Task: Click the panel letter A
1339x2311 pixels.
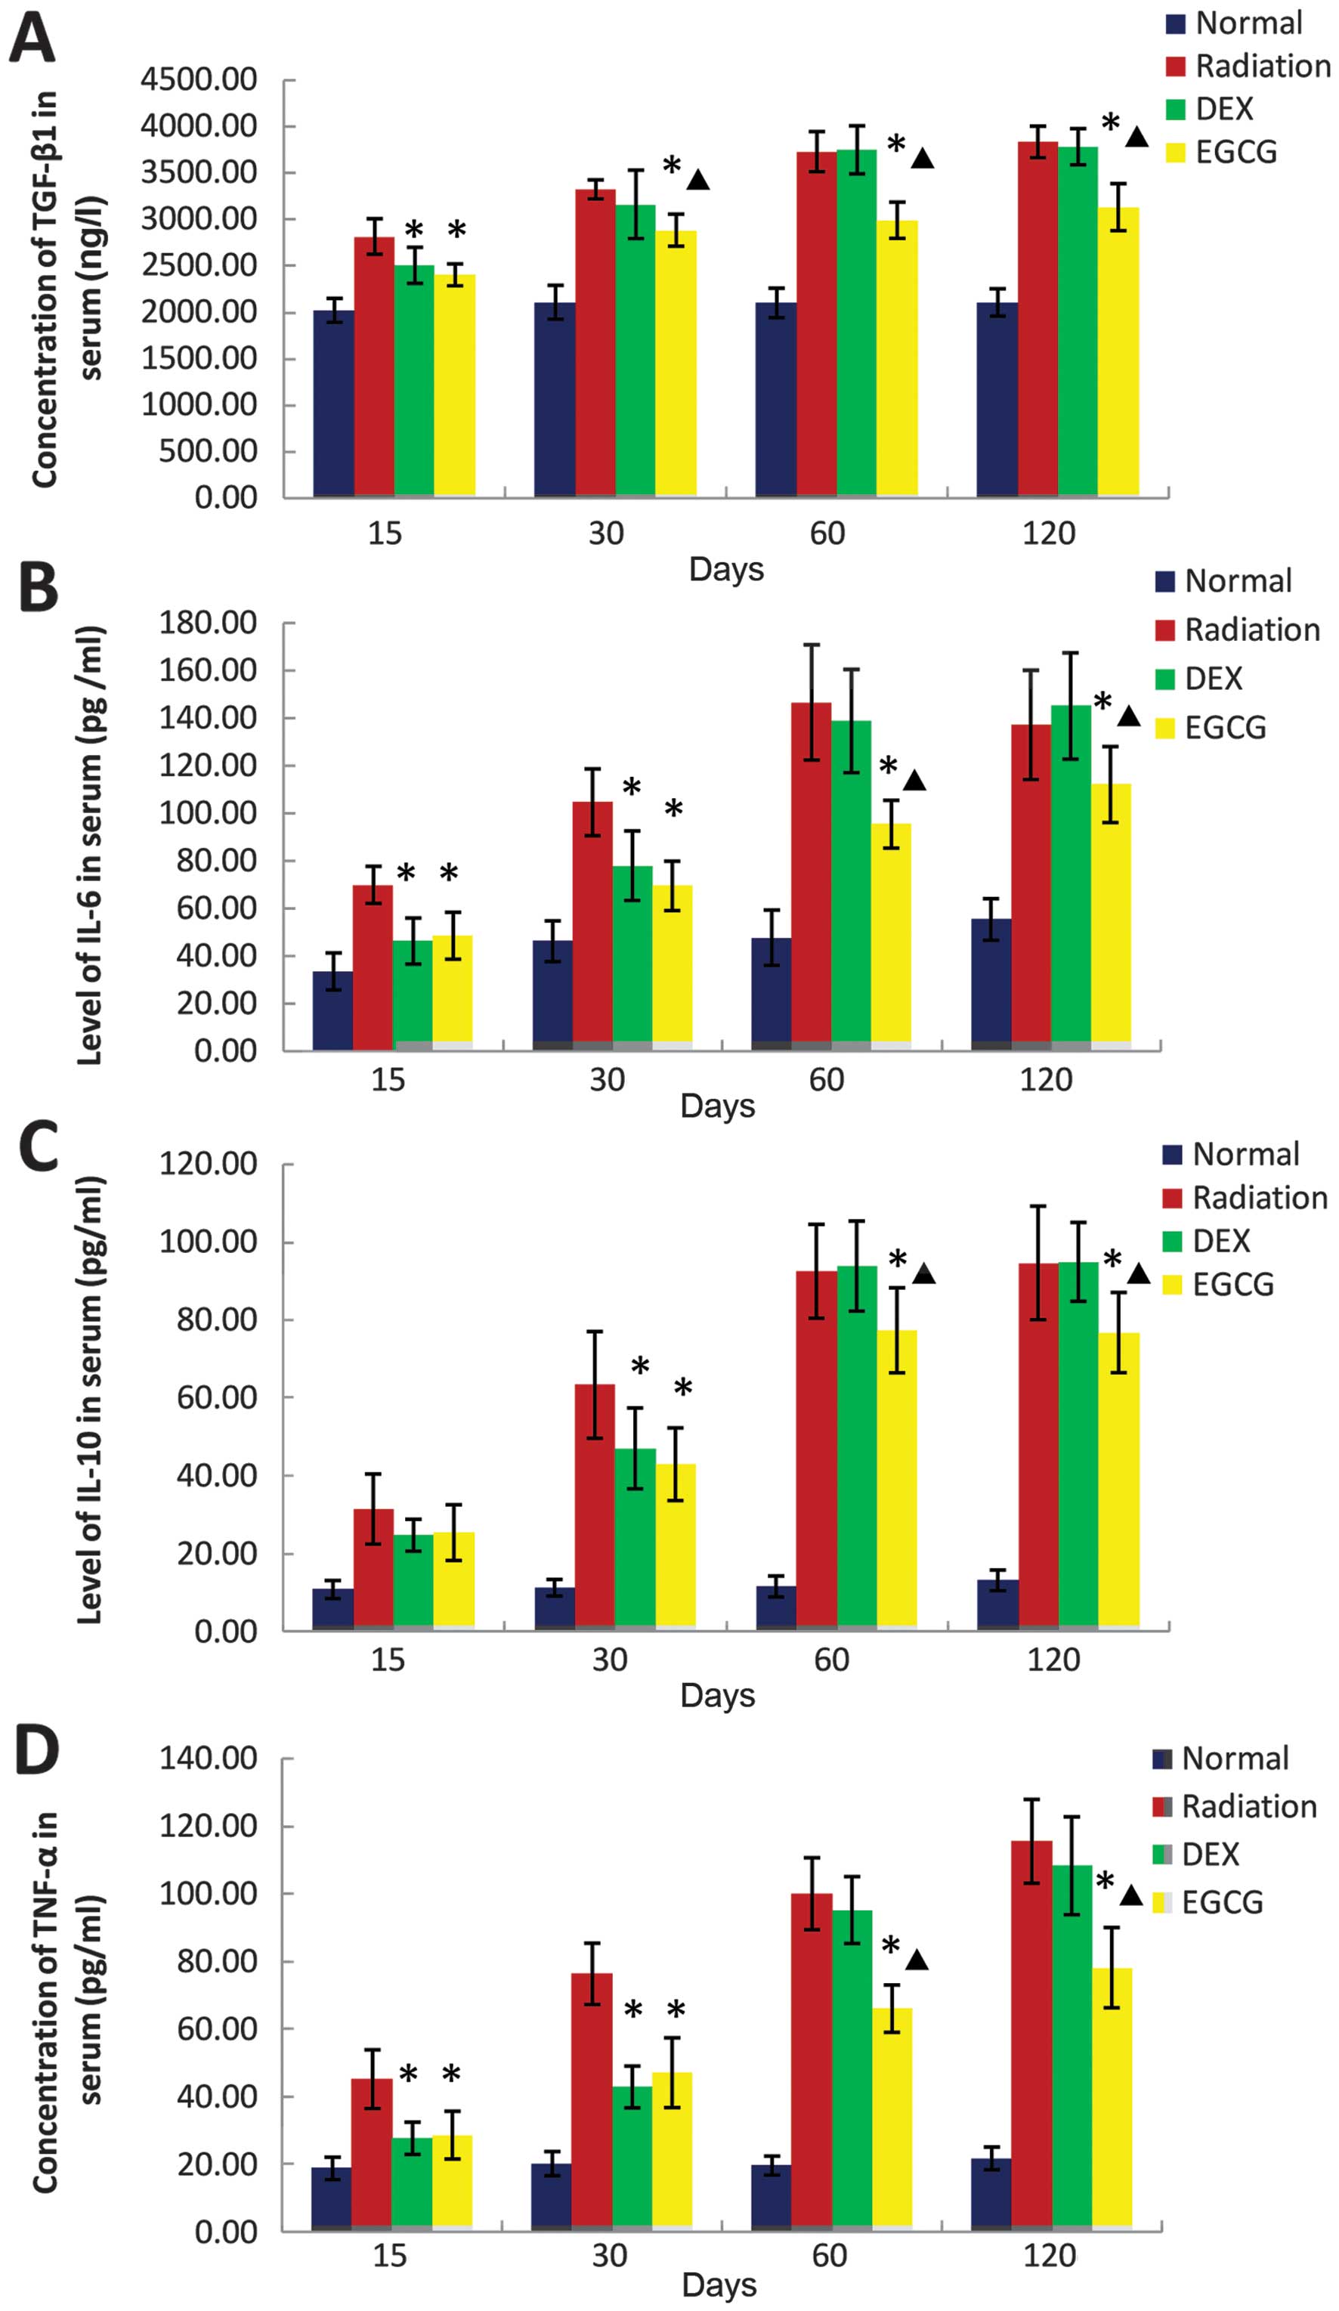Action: pos(32,39)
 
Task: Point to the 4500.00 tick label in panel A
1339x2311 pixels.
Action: pos(199,80)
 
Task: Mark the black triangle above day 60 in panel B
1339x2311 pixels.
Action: pos(914,781)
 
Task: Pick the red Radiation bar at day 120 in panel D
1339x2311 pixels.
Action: pos(1031,2036)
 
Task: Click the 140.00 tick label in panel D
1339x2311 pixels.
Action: pos(209,1758)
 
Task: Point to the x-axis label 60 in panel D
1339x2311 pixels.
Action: pos(829,2255)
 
